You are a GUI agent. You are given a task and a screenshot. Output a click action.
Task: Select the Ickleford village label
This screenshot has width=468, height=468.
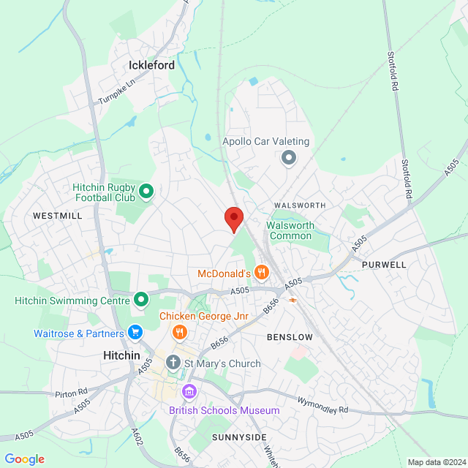(151, 65)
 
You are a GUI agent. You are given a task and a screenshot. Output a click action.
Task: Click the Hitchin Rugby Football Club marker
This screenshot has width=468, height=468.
(146, 192)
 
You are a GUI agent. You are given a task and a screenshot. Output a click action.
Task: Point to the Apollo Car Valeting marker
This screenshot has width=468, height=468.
(289, 157)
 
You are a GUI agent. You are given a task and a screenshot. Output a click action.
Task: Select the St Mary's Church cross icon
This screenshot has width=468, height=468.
(173, 362)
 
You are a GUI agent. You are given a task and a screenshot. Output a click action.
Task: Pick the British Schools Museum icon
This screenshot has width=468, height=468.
(189, 393)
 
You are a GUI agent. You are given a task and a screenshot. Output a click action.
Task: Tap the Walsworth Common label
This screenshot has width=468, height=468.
(291, 230)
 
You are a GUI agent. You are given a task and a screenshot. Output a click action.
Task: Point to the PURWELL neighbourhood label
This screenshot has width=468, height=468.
(383, 264)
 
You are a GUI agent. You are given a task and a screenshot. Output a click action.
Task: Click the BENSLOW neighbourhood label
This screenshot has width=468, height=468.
(290, 337)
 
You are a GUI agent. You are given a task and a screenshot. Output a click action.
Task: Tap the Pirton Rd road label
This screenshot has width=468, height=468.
(71, 393)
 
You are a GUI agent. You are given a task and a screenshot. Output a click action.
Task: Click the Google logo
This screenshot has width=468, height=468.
(24, 459)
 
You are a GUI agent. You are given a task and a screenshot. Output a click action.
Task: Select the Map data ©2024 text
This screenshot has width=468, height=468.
(436, 461)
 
